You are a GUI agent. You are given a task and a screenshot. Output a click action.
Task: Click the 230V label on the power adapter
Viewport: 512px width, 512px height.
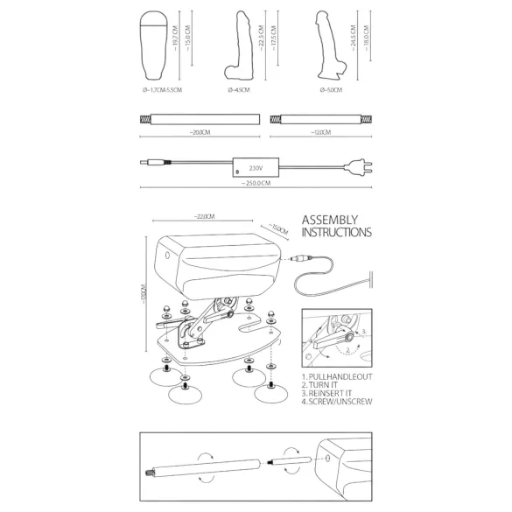tap(256, 165)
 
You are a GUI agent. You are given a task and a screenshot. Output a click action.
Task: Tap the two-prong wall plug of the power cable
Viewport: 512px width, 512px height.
tap(358, 164)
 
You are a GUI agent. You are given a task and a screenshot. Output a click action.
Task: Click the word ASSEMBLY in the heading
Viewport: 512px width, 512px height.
tap(329, 220)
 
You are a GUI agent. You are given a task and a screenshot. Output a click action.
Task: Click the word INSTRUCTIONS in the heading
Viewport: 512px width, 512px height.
tap(336, 235)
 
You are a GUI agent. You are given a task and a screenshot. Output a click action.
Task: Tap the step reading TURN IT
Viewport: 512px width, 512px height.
tap(322, 383)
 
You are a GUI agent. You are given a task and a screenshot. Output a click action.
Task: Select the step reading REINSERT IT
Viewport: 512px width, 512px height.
tap(328, 393)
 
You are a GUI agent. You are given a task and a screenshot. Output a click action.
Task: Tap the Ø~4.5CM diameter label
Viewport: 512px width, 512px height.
tap(239, 89)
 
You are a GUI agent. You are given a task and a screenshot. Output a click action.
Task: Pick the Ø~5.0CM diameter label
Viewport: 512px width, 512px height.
tap(332, 89)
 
